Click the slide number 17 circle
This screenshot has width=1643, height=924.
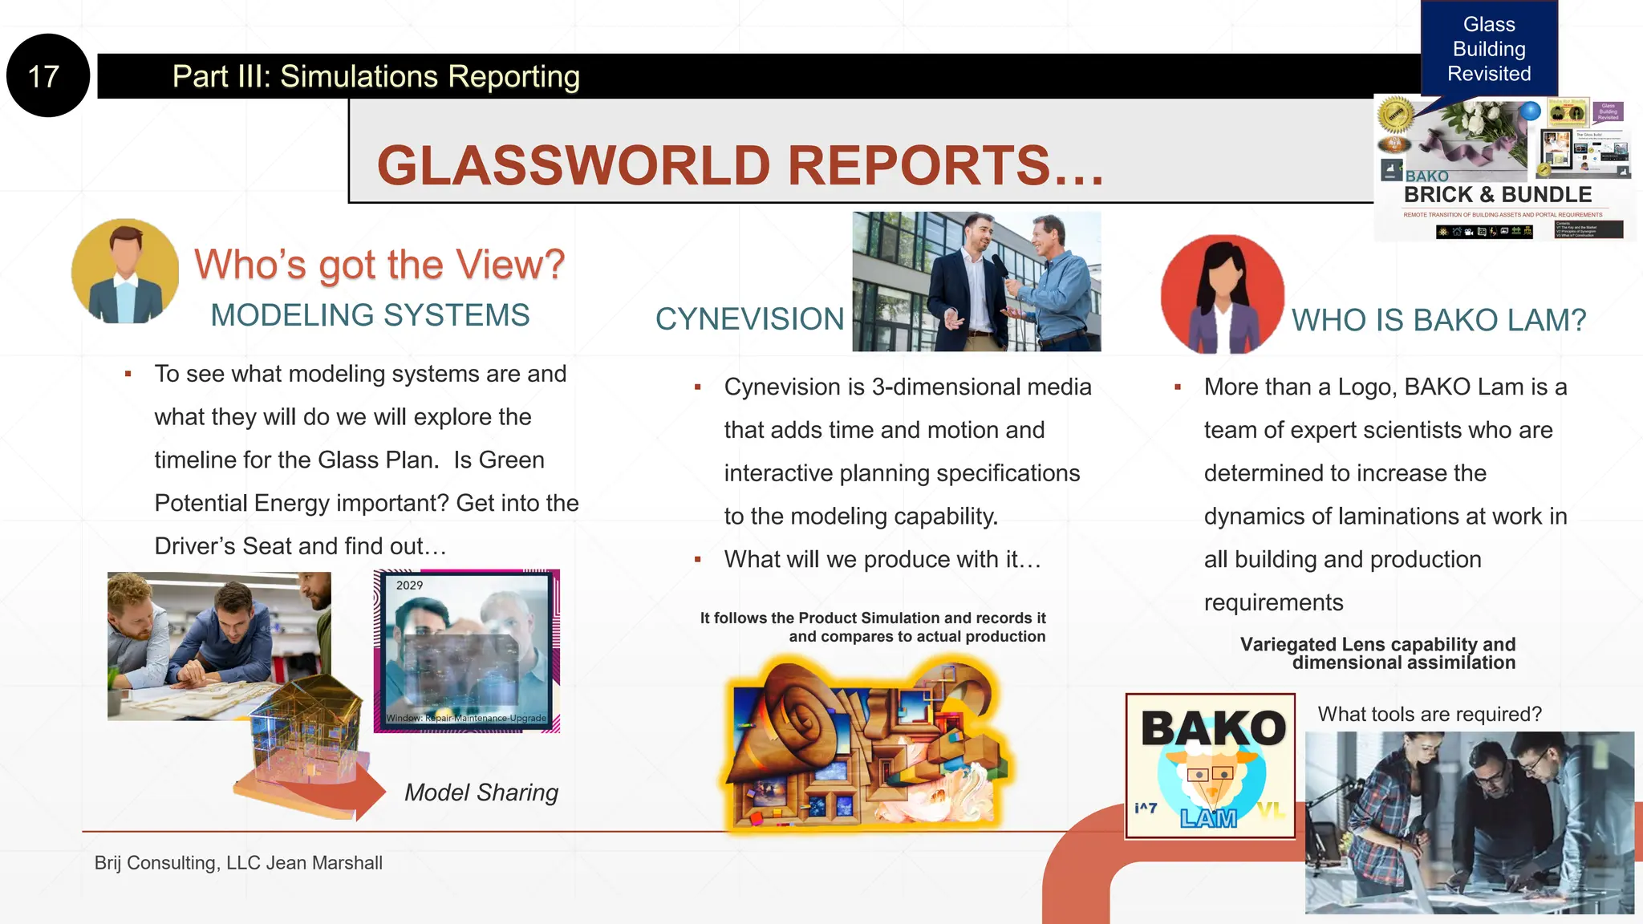point(47,76)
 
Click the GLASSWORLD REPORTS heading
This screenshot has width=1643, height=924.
point(740,165)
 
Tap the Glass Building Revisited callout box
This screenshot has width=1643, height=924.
point(1489,50)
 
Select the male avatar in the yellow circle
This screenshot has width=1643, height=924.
point(125,271)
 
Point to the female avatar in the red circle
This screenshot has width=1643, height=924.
point(1222,294)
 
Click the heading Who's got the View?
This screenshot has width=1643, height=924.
point(379,265)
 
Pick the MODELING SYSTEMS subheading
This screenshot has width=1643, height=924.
point(370,315)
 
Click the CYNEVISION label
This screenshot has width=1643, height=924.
point(749,319)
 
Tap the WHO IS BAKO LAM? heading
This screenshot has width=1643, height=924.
point(1438,320)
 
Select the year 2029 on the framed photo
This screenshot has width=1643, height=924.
point(409,586)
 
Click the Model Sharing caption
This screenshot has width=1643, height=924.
point(481,792)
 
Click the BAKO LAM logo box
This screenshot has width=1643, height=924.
point(1210,766)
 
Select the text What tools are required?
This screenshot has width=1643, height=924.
point(1430,714)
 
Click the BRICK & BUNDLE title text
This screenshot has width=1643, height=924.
point(1497,195)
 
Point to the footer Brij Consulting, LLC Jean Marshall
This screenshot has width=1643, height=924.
point(238,863)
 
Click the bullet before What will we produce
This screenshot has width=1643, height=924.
point(698,559)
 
